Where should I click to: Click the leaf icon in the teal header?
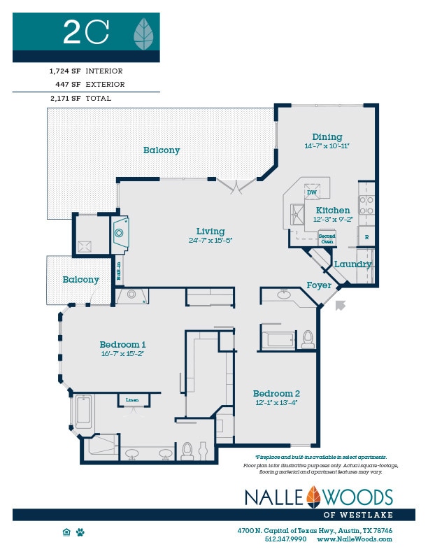point(144,31)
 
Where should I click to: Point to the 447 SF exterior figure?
point(67,85)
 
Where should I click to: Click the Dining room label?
point(327,137)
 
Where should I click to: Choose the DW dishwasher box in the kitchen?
point(312,192)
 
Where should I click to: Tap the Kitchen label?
point(333,211)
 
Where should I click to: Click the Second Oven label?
point(327,237)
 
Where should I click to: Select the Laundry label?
point(352,264)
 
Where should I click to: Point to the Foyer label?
point(318,285)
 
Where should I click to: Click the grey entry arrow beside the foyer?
point(341,304)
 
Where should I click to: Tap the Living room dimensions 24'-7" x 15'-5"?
point(210,240)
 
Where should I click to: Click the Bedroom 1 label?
point(122,344)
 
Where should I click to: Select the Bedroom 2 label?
point(276,393)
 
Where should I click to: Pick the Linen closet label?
point(132,400)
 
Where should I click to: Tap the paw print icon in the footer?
point(81,532)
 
